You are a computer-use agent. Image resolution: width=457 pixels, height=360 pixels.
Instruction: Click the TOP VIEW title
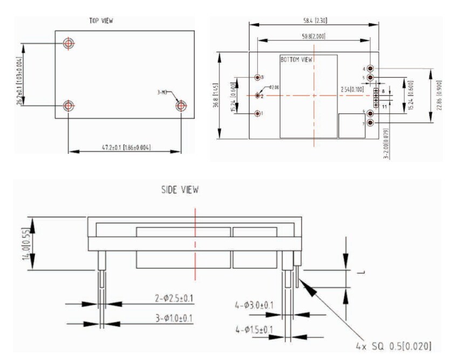[101, 21]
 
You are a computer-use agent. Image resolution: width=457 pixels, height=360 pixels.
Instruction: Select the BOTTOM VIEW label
[296, 59]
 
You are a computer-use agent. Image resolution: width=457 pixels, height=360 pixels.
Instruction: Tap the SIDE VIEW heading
[180, 190]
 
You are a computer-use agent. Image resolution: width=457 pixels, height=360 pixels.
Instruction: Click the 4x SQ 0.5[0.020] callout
[393, 345]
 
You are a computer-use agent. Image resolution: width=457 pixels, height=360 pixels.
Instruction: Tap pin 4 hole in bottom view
[371, 69]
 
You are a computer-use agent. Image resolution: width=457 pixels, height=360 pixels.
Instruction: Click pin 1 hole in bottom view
[257, 114]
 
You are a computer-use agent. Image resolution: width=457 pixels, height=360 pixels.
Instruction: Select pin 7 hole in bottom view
[371, 123]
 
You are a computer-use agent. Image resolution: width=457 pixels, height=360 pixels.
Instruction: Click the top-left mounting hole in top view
[69, 43]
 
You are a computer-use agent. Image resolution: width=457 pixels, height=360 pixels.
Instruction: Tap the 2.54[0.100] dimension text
[352, 89]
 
